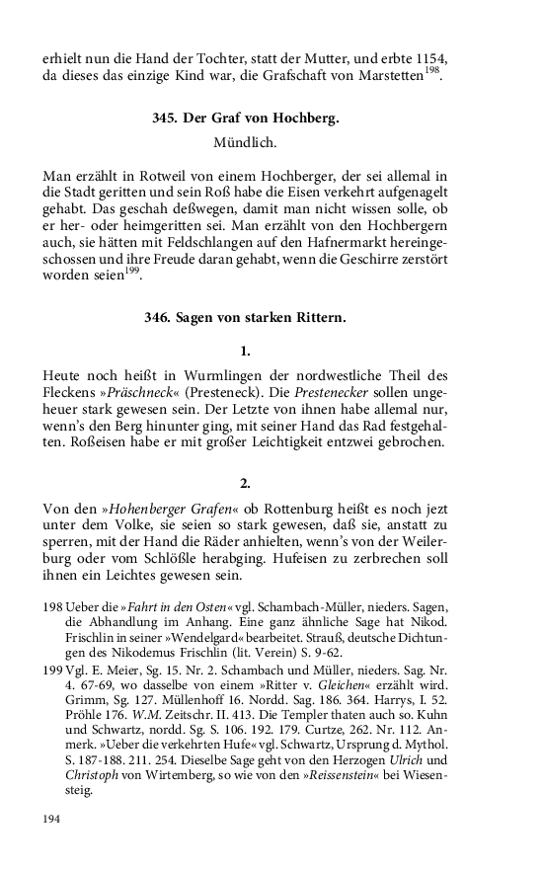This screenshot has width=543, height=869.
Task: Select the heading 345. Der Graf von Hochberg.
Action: point(245,118)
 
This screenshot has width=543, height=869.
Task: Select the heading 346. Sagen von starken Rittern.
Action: point(245,317)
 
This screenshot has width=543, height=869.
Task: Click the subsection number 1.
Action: point(245,351)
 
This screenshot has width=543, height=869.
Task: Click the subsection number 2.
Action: point(245,483)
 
